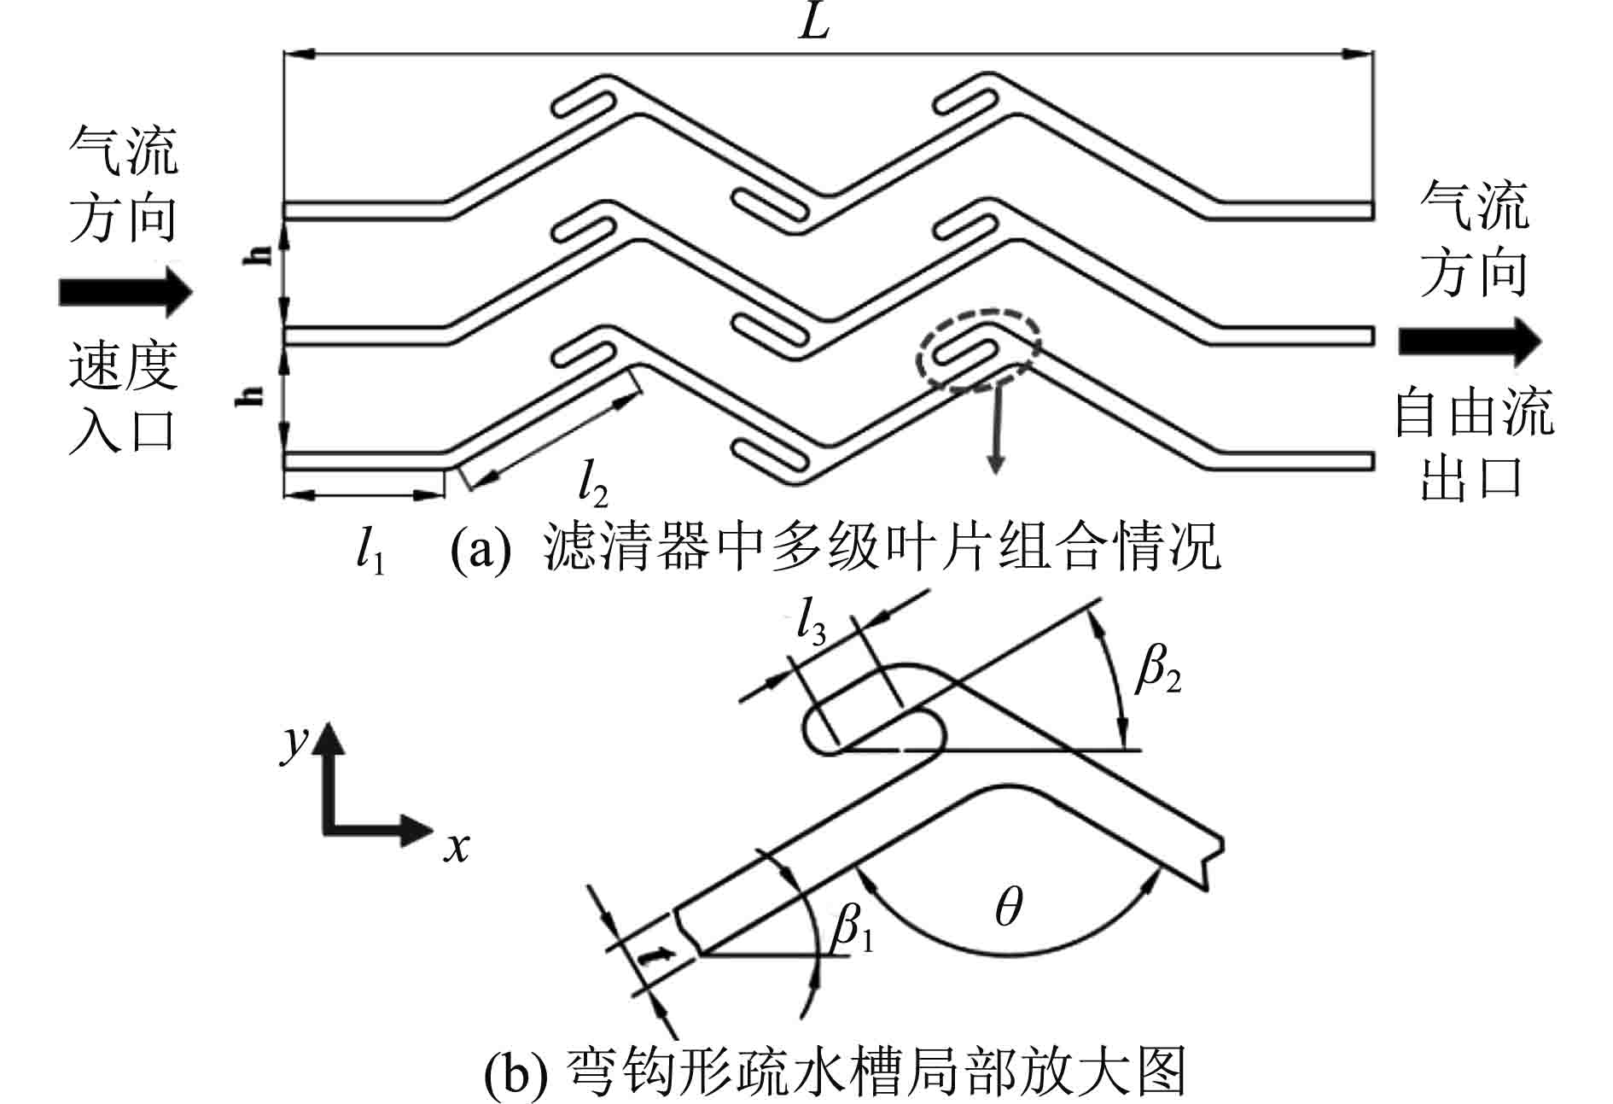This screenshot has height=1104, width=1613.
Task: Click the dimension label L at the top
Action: point(814,23)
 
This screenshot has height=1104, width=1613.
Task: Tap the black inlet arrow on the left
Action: point(125,291)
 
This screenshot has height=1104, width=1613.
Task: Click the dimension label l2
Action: point(592,482)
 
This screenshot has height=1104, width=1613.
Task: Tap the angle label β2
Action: point(1157,672)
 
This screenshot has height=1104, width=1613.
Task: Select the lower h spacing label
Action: point(249,394)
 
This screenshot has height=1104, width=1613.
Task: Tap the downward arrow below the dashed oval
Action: point(995,431)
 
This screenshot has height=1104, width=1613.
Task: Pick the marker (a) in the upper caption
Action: point(480,549)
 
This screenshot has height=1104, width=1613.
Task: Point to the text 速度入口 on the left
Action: point(123,396)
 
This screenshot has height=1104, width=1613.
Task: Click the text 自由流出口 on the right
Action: point(1473,444)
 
